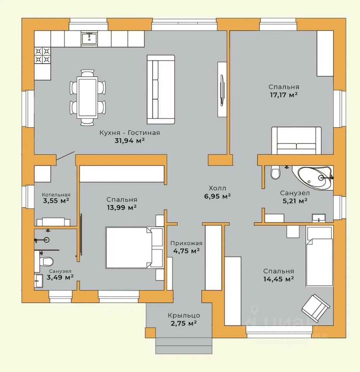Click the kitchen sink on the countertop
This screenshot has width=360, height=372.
[89, 38]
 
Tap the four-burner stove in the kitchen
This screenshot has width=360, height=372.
[43, 55]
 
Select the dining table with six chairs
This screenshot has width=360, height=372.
[88, 97]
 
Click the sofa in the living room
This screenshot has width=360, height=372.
[161, 90]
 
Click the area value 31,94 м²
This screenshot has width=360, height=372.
[129, 141]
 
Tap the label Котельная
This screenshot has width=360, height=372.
[56, 195]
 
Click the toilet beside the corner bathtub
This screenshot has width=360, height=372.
[275, 172]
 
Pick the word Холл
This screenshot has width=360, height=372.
[217, 188]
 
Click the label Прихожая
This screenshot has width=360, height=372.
[186, 243]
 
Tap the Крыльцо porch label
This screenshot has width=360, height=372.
[184, 315]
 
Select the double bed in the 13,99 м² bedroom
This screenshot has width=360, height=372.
[134, 248]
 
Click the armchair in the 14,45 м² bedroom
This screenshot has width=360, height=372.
[315, 308]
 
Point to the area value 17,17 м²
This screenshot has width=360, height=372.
[284, 95]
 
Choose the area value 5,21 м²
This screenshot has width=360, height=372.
[295, 201]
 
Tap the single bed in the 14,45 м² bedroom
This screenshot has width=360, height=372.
[319, 256]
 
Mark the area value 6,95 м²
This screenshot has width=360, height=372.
[217, 196]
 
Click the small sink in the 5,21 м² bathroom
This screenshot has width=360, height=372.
[319, 218]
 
